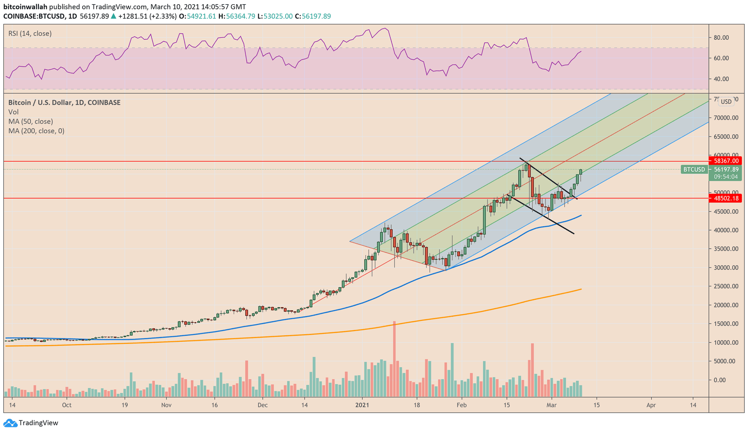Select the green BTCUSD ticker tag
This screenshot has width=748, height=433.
694,169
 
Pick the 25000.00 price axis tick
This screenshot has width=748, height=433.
725,286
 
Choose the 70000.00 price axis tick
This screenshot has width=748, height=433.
725,118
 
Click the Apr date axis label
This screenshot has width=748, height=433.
651,405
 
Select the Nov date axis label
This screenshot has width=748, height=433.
166,405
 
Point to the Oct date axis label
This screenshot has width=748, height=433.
67,405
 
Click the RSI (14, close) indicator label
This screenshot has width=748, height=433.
30,34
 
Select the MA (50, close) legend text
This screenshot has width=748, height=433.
30,122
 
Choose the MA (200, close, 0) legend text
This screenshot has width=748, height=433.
36,131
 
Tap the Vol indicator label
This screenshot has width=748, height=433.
14,112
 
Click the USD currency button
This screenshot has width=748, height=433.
726,101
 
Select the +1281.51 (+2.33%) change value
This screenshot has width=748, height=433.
148,16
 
